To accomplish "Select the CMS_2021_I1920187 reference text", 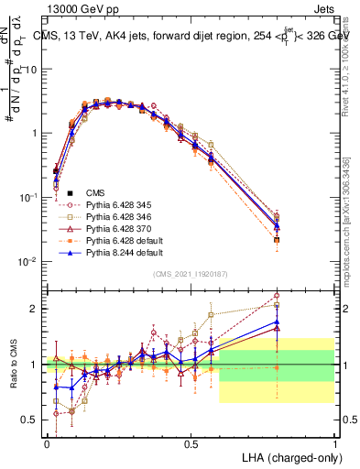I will click(191, 274).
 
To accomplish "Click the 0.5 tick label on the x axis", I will click(191, 442).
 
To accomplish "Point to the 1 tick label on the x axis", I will click(335, 442).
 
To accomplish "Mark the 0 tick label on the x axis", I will click(47, 442).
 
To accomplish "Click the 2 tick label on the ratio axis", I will click(35, 309).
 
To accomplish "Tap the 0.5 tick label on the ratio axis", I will click(30, 420).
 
